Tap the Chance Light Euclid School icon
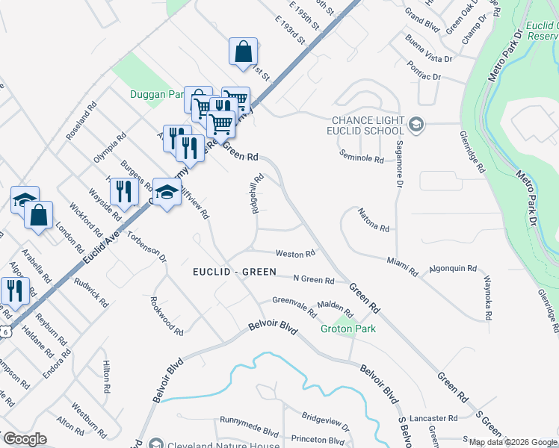416,125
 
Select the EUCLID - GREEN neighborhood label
234,273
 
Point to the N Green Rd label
313,280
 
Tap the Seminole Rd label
361,158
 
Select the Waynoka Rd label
487,298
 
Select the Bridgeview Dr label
325,422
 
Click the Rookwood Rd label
167,317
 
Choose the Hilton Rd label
106,376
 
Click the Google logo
25,439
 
